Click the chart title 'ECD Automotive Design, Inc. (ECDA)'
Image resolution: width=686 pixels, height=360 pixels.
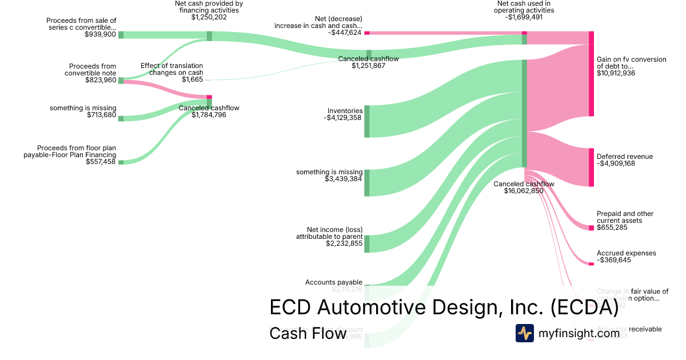click(444, 307)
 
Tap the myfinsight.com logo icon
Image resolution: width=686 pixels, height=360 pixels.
click(524, 333)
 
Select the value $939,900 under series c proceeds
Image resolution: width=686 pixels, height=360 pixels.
click(100, 34)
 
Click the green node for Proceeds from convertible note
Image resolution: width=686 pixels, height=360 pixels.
click(121, 81)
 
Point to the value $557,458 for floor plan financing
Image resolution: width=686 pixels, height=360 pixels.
click(101, 162)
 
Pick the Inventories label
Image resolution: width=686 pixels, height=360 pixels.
click(345, 111)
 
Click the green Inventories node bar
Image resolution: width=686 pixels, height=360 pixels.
click(366, 121)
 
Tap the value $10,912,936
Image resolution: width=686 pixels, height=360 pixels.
click(616, 73)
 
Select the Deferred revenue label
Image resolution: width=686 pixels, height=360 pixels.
click(624, 157)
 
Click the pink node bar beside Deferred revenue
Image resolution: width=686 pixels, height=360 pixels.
click(591, 167)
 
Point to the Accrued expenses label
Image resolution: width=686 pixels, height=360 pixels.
click(626, 253)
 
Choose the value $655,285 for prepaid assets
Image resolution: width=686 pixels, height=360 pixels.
click(612, 227)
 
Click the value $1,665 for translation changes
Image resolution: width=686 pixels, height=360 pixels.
click(192, 79)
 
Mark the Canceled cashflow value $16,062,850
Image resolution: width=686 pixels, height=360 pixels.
click(524, 191)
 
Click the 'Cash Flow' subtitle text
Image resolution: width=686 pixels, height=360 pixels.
click(308, 334)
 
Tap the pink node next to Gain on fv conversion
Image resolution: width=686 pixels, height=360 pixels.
click(591, 80)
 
